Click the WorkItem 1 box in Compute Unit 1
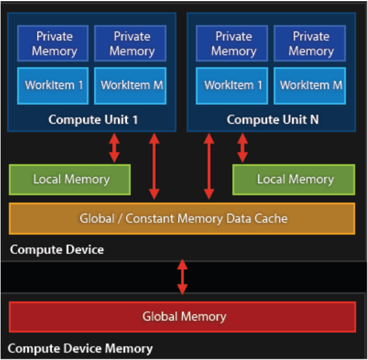[54, 85]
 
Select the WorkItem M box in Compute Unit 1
[132, 85]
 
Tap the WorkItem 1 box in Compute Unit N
[233, 85]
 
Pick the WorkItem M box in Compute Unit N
[311, 85]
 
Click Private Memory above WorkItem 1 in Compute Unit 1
[54, 43]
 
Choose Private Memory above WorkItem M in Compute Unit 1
[132, 43]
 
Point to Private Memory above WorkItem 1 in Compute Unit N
[233, 43]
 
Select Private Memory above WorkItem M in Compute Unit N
[311, 43]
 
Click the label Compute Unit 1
[93, 119]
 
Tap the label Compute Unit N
[272, 119]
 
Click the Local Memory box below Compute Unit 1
[70, 179]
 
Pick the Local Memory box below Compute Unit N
[294, 179]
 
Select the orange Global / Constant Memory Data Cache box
[182, 218]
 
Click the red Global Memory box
[182, 317]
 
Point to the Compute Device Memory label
[80, 349]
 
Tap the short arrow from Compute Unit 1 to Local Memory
[114, 148]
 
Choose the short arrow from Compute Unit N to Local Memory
[242, 148]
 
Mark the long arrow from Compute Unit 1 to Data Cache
[154, 166]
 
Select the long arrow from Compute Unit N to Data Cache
[209, 166]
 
